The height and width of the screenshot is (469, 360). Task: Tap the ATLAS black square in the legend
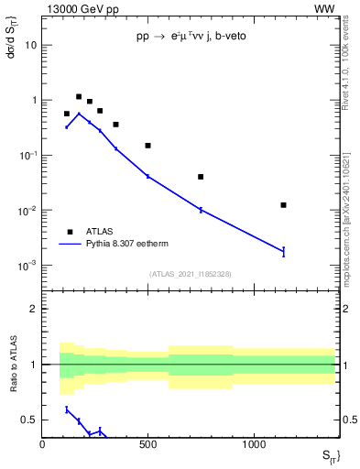(70, 232)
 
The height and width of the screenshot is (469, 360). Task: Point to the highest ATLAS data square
(79, 96)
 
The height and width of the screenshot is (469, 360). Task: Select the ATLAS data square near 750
(201, 177)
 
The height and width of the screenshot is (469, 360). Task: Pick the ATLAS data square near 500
(147, 146)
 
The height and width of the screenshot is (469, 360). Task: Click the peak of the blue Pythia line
(79, 114)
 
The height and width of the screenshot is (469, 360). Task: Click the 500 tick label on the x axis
(147, 444)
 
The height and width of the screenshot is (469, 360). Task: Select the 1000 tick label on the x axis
(253, 444)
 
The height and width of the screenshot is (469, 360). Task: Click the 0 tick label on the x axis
(42, 444)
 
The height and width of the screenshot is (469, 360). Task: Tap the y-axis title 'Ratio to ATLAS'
(14, 364)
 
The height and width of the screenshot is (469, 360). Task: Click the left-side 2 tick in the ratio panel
(34, 309)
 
